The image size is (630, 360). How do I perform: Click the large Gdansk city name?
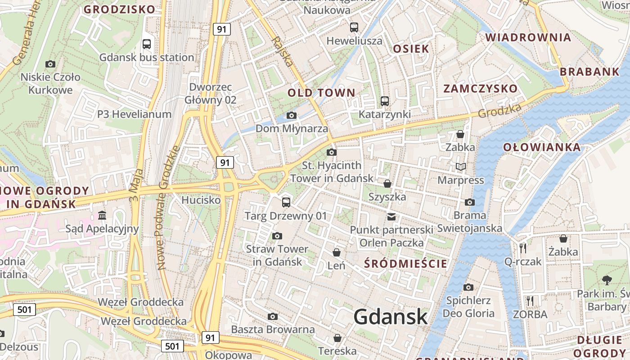click(390, 317)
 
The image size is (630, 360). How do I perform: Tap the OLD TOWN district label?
click(321, 93)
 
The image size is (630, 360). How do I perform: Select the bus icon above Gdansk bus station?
click(147, 44)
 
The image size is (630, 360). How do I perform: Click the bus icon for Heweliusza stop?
click(354, 27)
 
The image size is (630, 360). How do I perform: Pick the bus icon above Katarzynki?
click(384, 101)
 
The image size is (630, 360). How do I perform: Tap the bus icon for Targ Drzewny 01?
click(286, 202)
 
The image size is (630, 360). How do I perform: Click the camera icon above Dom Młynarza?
click(292, 116)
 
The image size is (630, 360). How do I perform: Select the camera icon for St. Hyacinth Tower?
click(332, 153)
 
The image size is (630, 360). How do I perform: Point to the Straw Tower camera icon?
click(277, 236)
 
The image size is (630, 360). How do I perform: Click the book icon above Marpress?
click(461, 167)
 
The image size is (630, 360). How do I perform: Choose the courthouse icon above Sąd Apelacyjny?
click(102, 216)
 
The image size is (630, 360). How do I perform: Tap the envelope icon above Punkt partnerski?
click(391, 217)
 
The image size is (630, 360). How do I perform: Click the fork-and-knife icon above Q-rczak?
click(523, 248)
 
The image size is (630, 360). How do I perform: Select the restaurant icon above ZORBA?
click(530, 301)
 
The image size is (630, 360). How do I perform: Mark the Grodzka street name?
click(500, 111)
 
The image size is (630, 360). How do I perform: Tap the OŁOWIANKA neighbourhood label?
click(542, 147)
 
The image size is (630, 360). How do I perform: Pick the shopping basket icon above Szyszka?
click(387, 184)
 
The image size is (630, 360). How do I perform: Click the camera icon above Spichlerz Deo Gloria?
click(468, 287)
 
